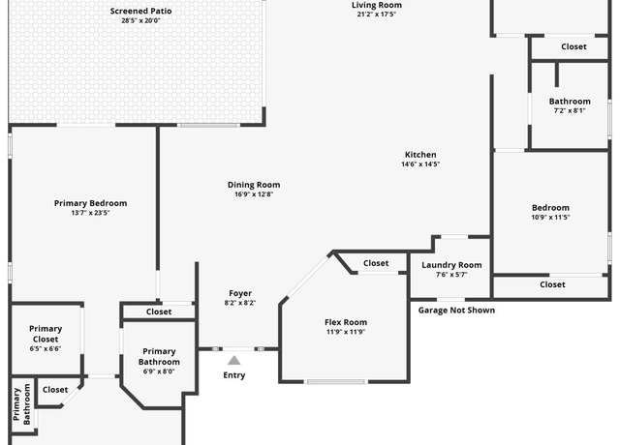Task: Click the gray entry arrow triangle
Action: pos(234,361)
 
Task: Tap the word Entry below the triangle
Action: pos(234,375)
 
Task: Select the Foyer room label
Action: pos(240,293)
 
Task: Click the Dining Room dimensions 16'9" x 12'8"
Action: pos(254,194)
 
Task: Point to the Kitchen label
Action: pos(420,155)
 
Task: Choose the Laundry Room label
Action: pos(451,265)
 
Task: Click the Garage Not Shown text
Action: pos(456,311)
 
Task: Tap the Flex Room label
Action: pos(346,322)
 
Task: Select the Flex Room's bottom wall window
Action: pos(336,382)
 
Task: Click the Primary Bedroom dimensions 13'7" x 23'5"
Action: pos(90,213)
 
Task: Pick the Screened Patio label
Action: pos(140,11)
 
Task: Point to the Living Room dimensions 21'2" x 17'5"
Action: pos(377,15)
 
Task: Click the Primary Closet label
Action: pos(46,334)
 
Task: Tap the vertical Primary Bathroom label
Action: pos(21,404)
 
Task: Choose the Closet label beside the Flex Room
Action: pos(376,263)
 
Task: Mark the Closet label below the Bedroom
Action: pos(552,284)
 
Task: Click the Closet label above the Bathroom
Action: pos(573,46)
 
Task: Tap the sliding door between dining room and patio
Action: pos(208,125)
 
